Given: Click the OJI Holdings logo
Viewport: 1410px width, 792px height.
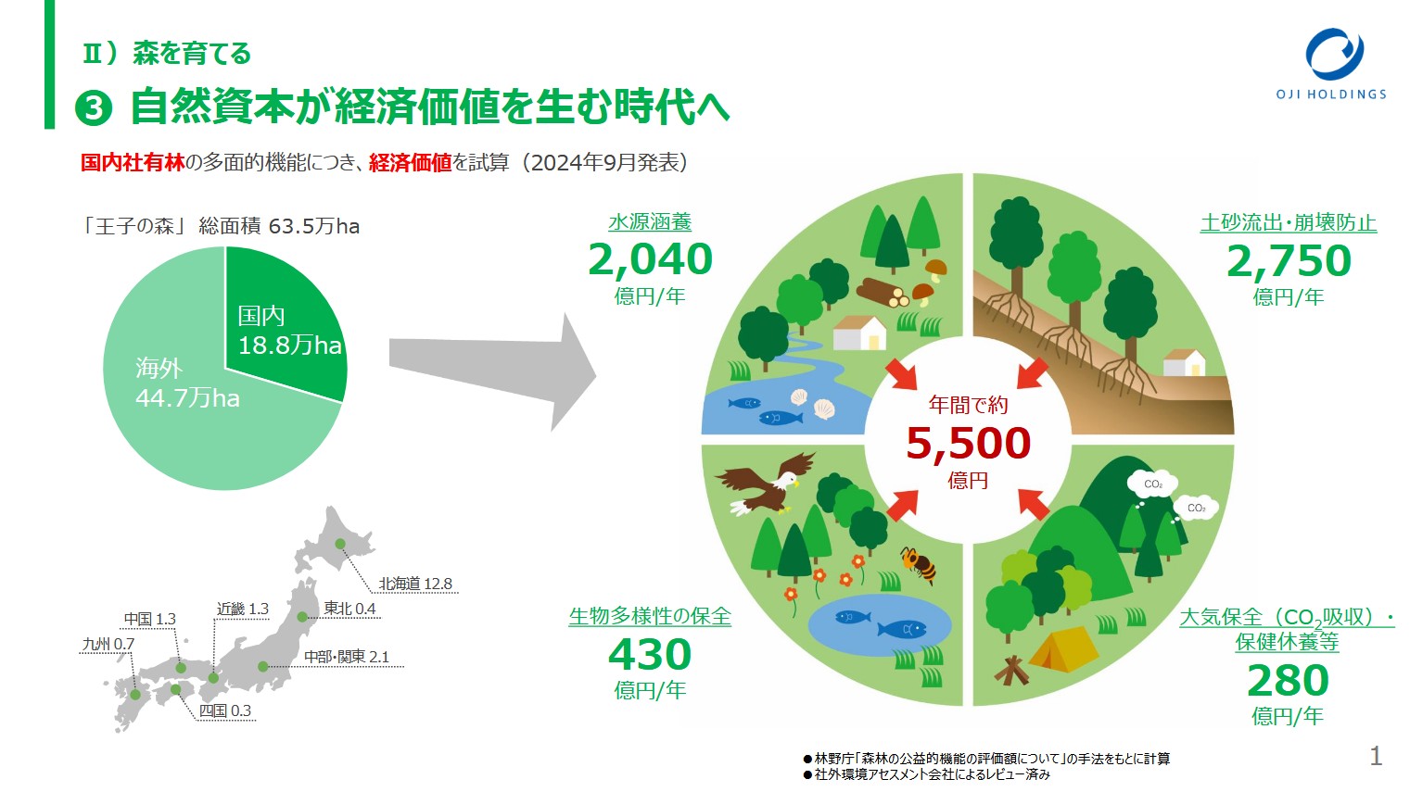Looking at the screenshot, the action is (x=1331, y=64).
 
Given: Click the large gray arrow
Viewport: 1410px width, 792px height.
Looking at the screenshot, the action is (x=492, y=372).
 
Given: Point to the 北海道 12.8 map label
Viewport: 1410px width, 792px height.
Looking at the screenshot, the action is (x=415, y=584).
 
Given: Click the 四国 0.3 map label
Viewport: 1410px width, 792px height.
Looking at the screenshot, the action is (x=224, y=710).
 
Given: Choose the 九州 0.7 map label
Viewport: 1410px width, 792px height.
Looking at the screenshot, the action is (x=108, y=644).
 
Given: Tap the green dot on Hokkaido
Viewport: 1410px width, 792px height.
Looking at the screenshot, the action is (x=340, y=544).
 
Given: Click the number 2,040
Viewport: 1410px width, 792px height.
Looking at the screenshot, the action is (x=650, y=259).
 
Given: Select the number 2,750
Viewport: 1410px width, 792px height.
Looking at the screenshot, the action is (x=1289, y=261).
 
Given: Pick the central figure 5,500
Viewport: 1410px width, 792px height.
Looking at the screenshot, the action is (x=968, y=444).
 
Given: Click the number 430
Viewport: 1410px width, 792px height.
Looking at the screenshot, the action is (x=650, y=654).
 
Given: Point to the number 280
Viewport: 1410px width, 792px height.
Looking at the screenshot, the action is (x=1288, y=681).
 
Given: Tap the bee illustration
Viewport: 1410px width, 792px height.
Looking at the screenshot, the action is (x=919, y=563).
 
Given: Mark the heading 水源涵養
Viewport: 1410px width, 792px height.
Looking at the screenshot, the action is (x=650, y=222).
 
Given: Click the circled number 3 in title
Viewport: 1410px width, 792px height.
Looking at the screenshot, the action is (x=93, y=107).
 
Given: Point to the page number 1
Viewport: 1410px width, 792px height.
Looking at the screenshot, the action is (x=1376, y=756).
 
